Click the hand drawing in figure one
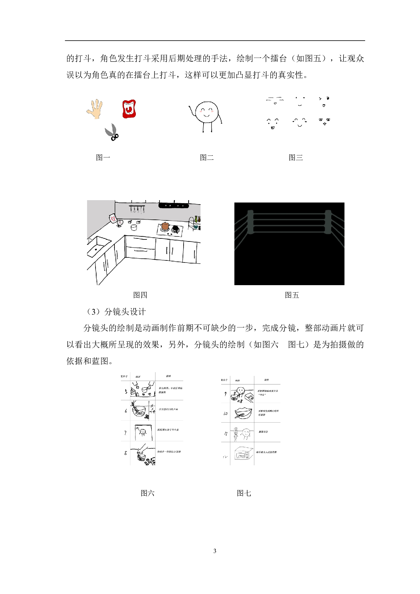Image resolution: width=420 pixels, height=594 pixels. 95,109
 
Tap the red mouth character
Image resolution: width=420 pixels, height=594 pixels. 129,109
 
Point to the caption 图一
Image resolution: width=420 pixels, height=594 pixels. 103,157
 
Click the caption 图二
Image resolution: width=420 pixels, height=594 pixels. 207,157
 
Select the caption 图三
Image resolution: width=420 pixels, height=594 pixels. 296,157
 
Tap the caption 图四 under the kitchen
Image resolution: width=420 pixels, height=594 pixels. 140,295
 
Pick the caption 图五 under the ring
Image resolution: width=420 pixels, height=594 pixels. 292,295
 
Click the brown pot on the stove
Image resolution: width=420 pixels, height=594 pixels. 165,226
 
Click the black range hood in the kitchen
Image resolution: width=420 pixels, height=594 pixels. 173,205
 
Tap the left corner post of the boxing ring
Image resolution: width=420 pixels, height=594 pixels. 250,222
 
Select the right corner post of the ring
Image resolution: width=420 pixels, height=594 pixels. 328,222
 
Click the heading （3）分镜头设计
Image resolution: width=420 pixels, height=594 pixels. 116,312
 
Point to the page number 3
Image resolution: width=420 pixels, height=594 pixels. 215,551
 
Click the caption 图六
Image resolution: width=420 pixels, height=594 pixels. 147,493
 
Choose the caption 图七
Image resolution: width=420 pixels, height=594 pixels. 244,493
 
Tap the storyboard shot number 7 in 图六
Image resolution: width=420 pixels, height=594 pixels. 125,432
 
